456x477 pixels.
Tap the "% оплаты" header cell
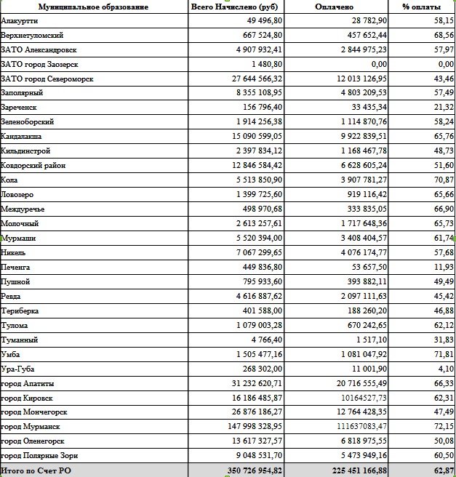click(422, 7)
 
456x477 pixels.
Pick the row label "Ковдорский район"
click(33, 166)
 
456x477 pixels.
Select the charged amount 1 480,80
click(267, 64)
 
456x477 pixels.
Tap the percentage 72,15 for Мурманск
click(444, 427)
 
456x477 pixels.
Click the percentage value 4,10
click(447, 369)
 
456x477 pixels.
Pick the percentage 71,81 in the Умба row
click(444, 354)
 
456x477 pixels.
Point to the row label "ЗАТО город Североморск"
click(45, 79)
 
